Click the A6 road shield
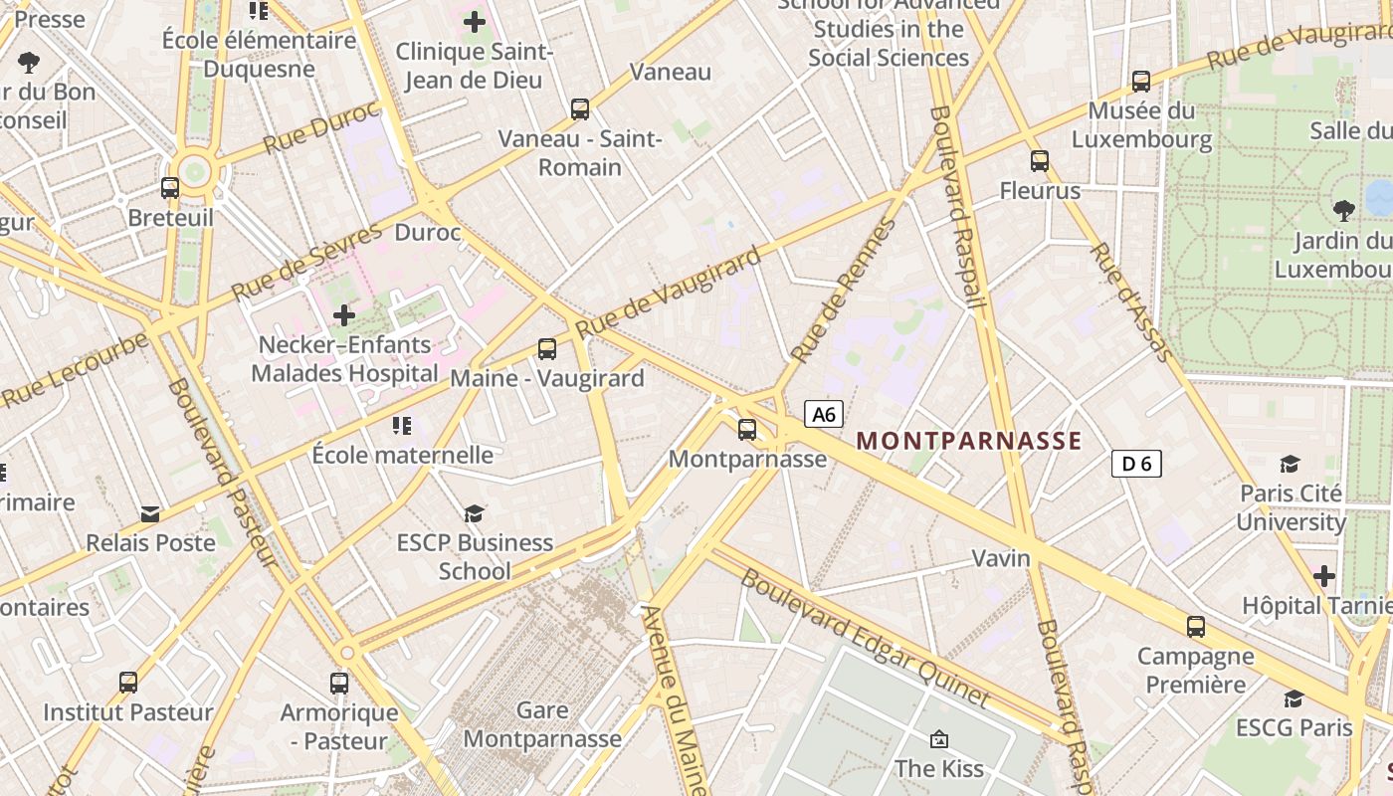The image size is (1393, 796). (x=824, y=414)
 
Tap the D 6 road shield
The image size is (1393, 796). (x=1136, y=463)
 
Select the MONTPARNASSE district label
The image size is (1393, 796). (x=968, y=441)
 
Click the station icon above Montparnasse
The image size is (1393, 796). (x=746, y=430)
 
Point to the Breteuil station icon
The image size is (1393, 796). (x=170, y=187)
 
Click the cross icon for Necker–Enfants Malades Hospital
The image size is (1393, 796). (x=344, y=315)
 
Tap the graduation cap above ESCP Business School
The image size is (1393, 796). (x=474, y=513)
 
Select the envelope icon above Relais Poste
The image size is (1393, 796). (x=150, y=513)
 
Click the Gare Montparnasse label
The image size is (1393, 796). (x=542, y=724)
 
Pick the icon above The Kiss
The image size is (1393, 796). (x=938, y=739)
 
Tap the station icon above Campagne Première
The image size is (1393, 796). (x=1196, y=627)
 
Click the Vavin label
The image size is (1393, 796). (x=1001, y=558)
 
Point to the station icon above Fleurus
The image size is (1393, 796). (x=1040, y=160)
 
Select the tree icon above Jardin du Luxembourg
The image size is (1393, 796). (x=1343, y=210)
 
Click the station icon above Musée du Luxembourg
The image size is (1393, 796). (x=1141, y=81)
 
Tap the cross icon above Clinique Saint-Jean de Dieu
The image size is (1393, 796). (x=475, y=21)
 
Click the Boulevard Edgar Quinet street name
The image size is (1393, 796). (x=865, y=637)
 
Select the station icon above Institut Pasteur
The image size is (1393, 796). (x=128, y=683)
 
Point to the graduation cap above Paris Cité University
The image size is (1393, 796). (x=1291, y=464)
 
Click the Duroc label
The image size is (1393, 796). (x=428, y=233)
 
